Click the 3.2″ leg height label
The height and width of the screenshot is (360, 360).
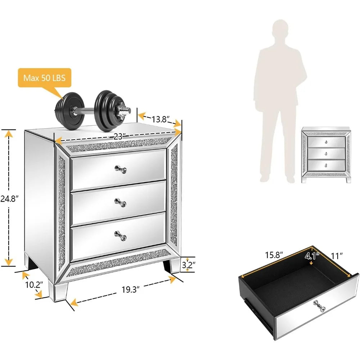coord(188,265)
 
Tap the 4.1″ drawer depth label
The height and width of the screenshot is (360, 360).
coord(311,256)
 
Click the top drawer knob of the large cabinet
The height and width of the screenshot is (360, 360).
coord(119,168)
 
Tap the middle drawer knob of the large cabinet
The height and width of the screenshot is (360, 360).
coord(119,202)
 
